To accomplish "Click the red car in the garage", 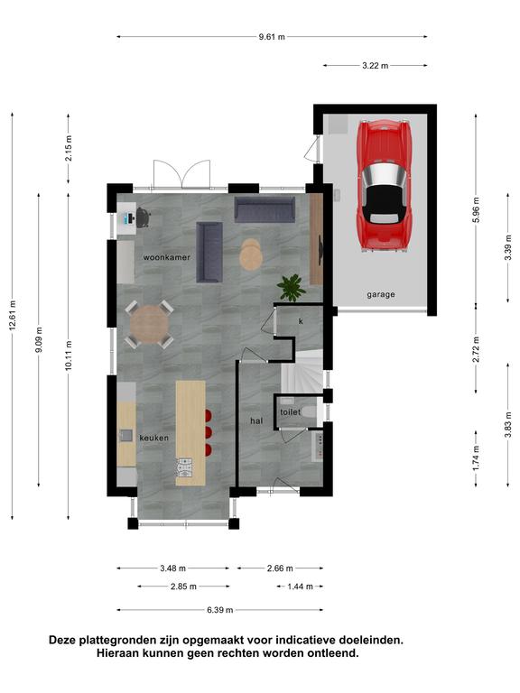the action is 385,186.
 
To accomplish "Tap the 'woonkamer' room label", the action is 166,257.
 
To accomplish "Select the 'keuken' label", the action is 153,438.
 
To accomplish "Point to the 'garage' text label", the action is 381,294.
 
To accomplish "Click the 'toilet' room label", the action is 290,411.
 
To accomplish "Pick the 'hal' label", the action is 256,420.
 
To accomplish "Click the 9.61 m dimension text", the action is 272,37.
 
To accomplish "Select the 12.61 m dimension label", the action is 13,315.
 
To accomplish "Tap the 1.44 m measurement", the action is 301,587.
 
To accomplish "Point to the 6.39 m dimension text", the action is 219,610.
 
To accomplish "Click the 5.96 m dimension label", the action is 477,209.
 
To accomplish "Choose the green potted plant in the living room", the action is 292,288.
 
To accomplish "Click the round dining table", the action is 149,325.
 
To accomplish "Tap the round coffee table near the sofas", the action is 251,254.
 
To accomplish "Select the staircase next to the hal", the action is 302,370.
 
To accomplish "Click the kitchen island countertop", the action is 190,433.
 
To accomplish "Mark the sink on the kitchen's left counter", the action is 126,435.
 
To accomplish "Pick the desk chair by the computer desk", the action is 143,217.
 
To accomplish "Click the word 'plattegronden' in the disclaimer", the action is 117,640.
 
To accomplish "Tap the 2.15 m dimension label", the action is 69,149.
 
